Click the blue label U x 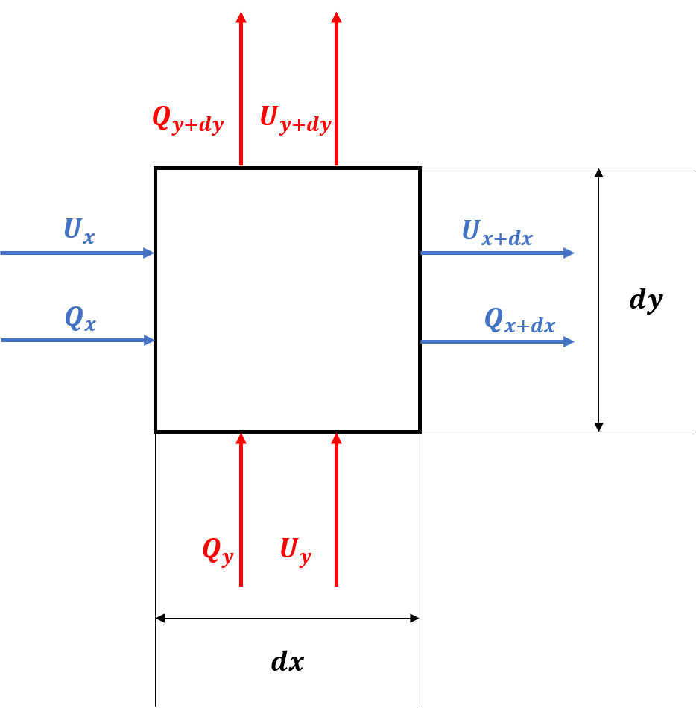(80, 231)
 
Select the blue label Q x (80, 319)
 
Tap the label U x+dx (497, 233)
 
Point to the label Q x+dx (519, 320)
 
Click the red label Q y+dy (189, 120)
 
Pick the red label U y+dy (296, 120)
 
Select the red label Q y (218, 551)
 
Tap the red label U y (296, 551)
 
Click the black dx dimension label (288, 662)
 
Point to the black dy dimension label (646, 300)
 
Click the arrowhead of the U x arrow (149, 253)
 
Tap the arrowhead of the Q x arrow (149, 341)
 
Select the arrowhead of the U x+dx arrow (569, 253)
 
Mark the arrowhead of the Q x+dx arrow (569, 342)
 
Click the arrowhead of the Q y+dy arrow (241, 17)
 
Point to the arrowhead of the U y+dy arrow (336, 17)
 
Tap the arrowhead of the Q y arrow (241, 438)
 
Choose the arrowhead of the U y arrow (336, 438)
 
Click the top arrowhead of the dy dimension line (598, 172)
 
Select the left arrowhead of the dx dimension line (159, 618)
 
